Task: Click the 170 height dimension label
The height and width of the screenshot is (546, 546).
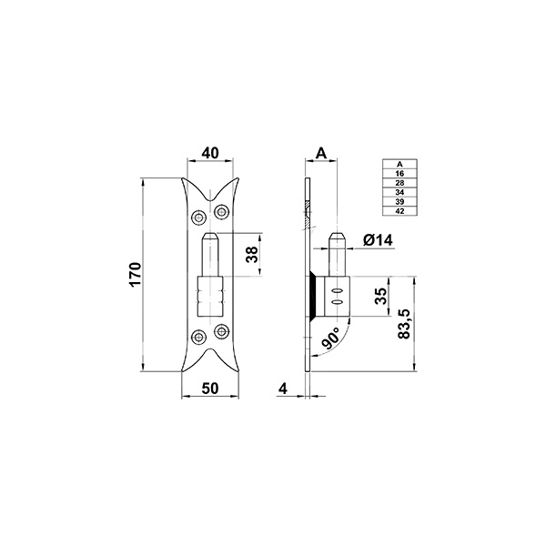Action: (x=136, y=275)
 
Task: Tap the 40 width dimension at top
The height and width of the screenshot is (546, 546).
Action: (x=210, y=153)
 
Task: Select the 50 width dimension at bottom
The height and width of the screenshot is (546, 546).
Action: (x=210, y=389)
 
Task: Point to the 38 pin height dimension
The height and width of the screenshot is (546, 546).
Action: (x=252, y=254)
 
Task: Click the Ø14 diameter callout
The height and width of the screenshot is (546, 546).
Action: (x=378, y=240)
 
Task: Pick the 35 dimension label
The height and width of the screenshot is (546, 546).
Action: (x=381, y=296)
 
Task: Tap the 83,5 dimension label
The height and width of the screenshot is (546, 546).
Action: (x=404, y=324)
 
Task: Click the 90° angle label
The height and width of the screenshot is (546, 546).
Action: (x=331, y=338)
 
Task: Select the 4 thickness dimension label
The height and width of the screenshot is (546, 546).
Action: (x=283, y=389)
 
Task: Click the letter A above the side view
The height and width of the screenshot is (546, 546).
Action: (x=321, y=153)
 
